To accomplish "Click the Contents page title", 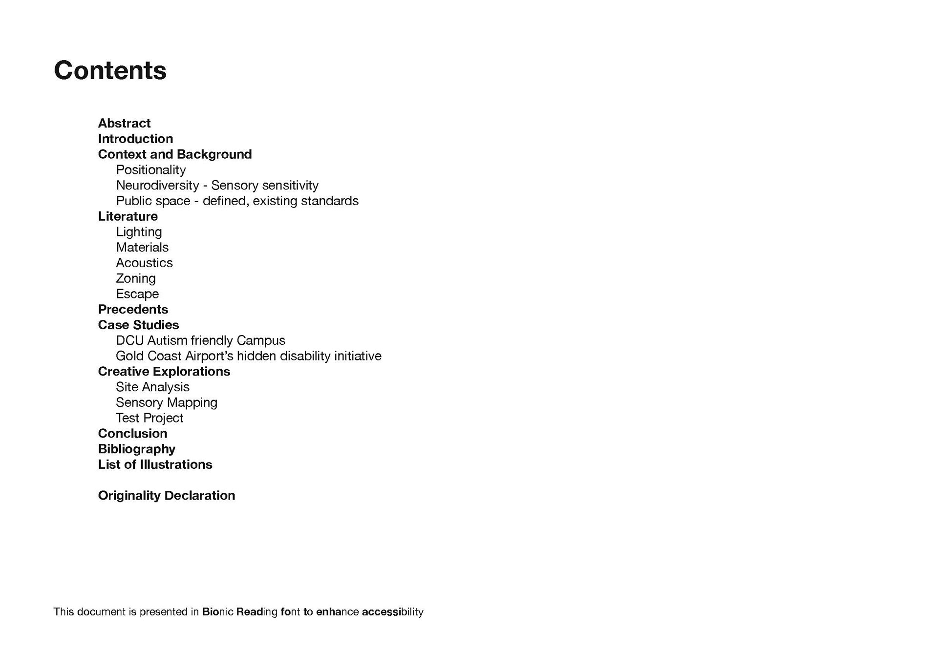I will point(110,70).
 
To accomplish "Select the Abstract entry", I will point(124,123).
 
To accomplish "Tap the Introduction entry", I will point(135,139).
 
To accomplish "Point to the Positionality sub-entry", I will point(151,170).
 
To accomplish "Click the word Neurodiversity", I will point(157,186).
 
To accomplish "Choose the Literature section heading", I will point(128,216).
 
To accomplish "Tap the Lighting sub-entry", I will point(139,232).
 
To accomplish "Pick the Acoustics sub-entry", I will point(144,263).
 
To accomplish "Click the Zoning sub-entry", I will point(136,278).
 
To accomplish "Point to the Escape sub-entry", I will point(137,294).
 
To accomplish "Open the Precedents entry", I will point(133,310).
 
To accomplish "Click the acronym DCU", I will point(129,340).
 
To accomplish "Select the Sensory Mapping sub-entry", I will point(167,402).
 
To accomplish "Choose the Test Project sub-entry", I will point(149,418).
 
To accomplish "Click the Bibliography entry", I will point(136,449).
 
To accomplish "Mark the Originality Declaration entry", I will point(167,496).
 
